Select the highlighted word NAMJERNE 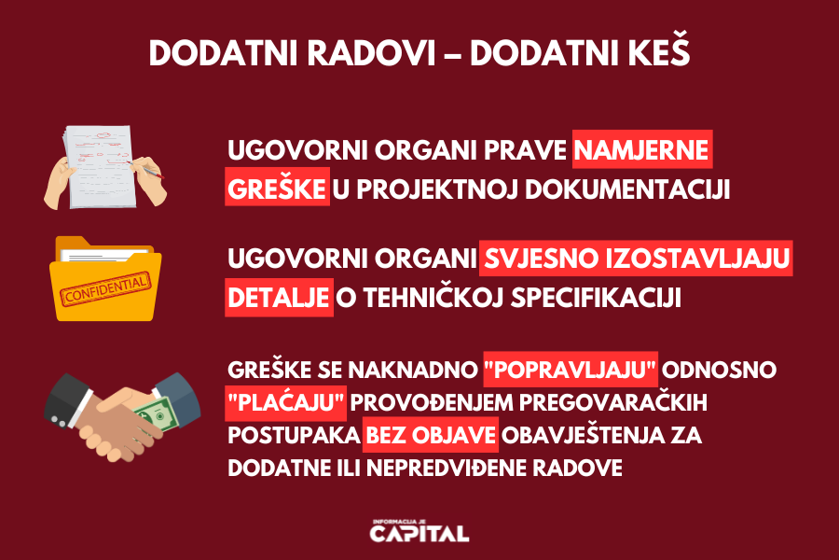tap(642, 149)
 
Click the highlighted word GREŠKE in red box tap(277, 189)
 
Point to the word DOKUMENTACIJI tap(627, 189)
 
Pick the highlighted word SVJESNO tap(541, 259)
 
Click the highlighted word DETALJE tap(278, 298)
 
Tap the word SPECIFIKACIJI tap(596, 298)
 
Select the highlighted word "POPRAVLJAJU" tap(570, 370)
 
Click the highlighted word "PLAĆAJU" tap(285, 402)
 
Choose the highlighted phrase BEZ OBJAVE tap(431, 435)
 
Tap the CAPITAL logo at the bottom tap(419, 531)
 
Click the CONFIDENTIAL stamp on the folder tap(105, 288)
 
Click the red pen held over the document tap(145, 169)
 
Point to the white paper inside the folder tap(104, 254)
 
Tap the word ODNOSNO tap(719, 370)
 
